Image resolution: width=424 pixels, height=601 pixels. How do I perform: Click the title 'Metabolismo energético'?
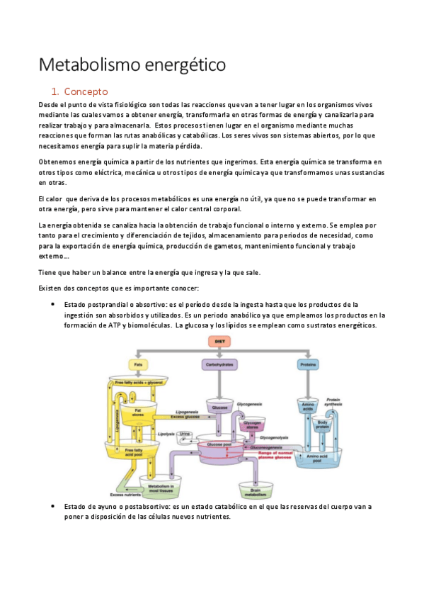coord(132,64)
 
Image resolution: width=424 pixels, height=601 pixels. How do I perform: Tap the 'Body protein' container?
coord(323,427)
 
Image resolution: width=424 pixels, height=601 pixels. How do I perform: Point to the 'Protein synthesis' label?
coord(333,402)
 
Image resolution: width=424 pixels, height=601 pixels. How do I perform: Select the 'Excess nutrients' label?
coord(125,495)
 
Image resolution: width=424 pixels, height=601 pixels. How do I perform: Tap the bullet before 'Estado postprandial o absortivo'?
coord(54,304)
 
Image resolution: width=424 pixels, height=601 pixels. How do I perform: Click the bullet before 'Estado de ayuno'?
coord(54,507)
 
